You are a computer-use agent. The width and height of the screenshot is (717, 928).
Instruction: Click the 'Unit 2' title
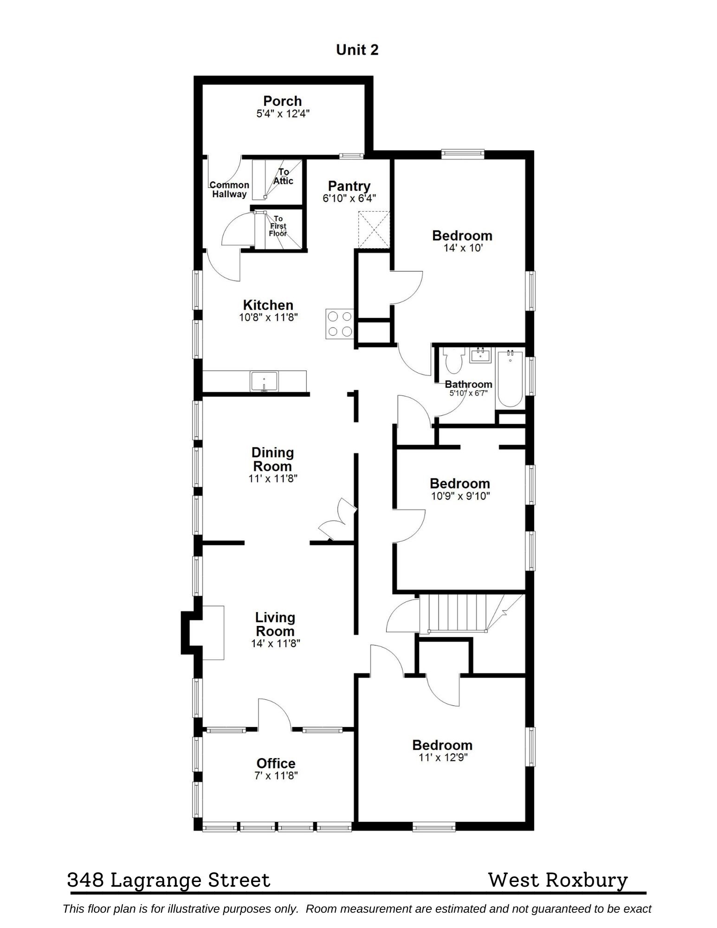(357, 50)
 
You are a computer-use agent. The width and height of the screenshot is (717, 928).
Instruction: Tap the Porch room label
(282, 101)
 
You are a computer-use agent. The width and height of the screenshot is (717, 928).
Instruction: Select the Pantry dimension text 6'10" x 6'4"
(349, 198)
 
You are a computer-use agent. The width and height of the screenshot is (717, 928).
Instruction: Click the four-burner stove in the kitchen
(340, 324)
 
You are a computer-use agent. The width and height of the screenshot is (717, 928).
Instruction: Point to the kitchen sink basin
(264, 381)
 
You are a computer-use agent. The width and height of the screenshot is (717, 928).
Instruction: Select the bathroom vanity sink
(480, 356)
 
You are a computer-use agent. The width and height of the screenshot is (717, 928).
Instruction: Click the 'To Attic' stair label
(283, 176)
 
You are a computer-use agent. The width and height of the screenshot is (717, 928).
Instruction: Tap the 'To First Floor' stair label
(278, 226)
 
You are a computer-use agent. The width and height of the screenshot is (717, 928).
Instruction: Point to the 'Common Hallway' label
(229, 189)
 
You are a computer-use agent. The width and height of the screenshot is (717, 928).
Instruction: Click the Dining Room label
(272, 459)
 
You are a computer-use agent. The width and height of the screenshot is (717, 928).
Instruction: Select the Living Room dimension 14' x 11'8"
(275, 644)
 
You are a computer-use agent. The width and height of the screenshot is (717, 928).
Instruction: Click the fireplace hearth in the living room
(213, 632)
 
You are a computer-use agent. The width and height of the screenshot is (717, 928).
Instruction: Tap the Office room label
(276, 763)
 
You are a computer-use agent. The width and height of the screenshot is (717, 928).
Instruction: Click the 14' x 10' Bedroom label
(462, 236)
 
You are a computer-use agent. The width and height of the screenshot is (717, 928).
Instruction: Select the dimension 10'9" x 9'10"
(460, 496)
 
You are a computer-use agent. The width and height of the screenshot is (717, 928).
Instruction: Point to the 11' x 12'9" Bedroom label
(442, 745)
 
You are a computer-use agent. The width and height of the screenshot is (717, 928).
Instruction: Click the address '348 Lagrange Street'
(168, 880)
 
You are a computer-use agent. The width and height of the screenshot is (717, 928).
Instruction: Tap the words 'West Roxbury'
(558, 880)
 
